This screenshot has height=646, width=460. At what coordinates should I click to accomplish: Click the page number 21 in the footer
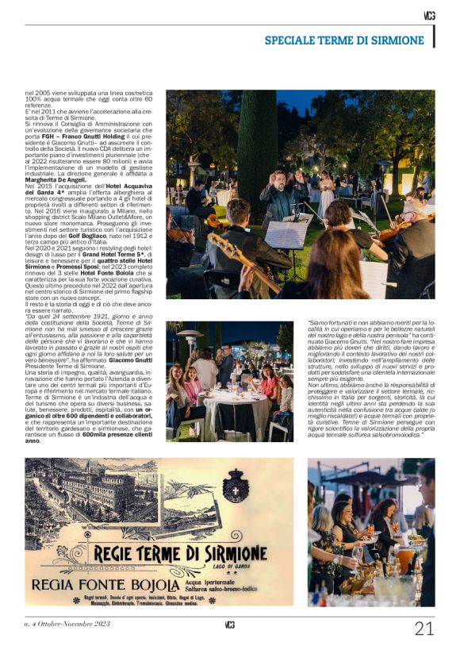pos(424,629)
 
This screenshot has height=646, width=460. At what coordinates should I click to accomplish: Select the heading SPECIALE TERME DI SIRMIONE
pos(344,40)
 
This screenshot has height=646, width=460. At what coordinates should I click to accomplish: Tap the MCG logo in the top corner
pos(429,15)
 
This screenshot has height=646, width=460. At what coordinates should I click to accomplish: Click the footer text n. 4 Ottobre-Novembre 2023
pos(67,624)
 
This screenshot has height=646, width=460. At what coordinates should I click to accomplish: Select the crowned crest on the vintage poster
pos(236,485)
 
